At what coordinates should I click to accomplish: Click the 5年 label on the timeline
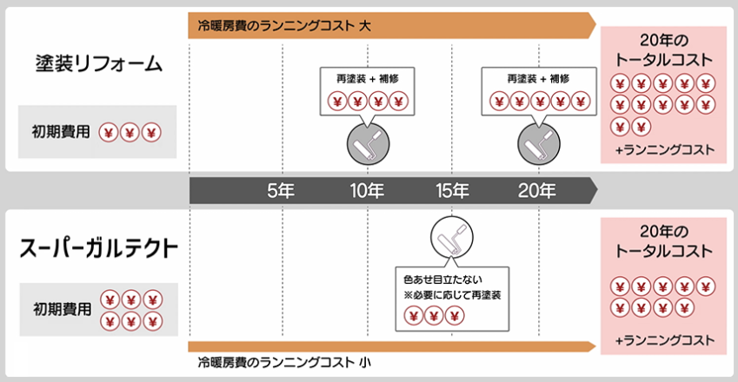(281, 190)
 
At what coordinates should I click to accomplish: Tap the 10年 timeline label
(367, 190)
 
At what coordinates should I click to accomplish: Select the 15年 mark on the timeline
(452, 190)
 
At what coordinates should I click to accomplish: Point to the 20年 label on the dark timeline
(537, 190)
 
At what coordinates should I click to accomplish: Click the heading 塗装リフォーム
(99, 64)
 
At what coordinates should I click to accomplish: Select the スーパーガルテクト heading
(98, 248)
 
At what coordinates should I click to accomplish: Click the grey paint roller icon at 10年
(368, 144)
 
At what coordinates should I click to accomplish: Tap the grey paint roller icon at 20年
(539, 144)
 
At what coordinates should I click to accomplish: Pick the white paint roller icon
(452, 237)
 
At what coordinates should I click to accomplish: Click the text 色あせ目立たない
(442, 280)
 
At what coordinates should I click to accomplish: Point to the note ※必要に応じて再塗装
(452, 295)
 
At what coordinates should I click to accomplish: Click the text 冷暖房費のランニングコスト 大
(284, 25)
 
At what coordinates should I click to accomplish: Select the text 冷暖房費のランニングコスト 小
(284, 362)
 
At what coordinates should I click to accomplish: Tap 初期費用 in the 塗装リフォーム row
(61, 132)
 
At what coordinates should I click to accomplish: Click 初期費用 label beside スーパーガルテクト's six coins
(62, 309)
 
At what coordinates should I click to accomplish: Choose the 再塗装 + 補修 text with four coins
(368, 78)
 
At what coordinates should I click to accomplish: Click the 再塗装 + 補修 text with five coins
(538, 78)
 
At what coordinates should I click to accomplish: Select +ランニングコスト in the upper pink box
(665, 150)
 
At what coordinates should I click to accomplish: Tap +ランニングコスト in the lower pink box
(665, 340)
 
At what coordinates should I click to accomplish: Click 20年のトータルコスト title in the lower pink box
(663, 241)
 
